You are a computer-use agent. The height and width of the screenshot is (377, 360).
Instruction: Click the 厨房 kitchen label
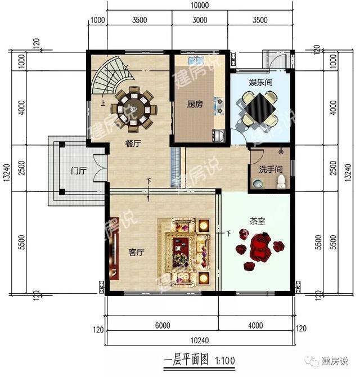pyautogui.click(x=195, y=104)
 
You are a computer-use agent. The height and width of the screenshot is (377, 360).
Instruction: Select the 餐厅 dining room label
pyautogui.click(x=133, y=143)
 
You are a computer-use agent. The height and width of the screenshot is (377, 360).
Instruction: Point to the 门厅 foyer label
pyautogui.click(x=78, y=170)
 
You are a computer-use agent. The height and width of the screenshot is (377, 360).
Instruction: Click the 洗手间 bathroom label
pyautogui.click(x=267, y=169)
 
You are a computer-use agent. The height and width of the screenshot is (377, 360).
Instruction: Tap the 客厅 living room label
pyautogui.click(x=137, y=253)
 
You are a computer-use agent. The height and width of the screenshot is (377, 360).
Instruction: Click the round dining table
pyautogui.click(x=134, y=105)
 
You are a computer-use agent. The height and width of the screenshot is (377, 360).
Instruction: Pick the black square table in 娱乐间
pyautogui.click(x=259, y=107)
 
